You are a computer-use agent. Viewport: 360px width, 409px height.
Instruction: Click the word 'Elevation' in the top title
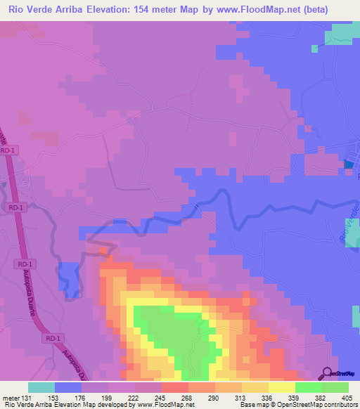110,9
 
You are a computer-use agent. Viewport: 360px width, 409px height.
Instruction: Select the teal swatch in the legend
41,387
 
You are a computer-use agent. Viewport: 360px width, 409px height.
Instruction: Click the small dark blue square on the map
349,166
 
